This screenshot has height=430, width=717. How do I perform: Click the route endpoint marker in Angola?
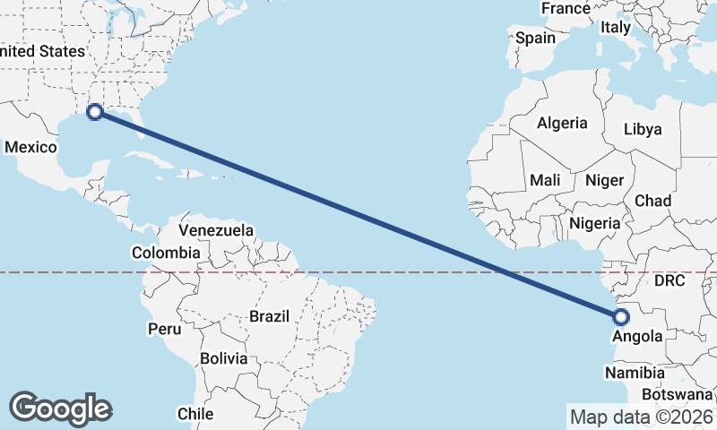pos(620,316)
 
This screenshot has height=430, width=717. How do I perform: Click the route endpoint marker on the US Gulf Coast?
pos(94,112)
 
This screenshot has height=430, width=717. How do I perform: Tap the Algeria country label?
pos(562,124)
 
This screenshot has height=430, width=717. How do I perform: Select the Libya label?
pos(642,129)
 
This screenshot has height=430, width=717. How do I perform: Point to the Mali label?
pos(545,180)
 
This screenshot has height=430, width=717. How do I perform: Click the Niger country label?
pos(604,180)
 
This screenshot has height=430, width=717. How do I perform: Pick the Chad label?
pos(652,201)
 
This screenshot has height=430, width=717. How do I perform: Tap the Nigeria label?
pos(594,223)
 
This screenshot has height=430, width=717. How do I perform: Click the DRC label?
pos(669,281)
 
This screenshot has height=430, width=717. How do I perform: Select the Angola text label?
pos(637,337)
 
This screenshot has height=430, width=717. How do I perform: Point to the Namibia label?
pos(635,373)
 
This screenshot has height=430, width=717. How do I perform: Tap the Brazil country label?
pos(270,316)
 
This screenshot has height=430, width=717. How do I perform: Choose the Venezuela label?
pos(216,230)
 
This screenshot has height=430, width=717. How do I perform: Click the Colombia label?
pos(166,253)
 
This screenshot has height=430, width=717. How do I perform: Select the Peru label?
pos(164,329)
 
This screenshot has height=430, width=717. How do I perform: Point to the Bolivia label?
pos(223,358)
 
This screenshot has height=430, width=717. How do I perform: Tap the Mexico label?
pos(31,147)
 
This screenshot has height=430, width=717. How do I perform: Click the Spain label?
pos(536,39)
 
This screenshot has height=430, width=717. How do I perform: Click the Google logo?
pos(60,408)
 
